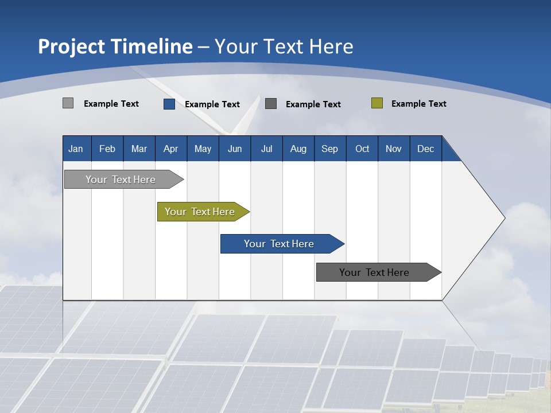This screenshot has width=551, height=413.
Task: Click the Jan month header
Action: click(76, 149)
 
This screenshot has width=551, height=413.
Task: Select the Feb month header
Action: click(107, 149)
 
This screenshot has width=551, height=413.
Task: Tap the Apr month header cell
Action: click(171, 149)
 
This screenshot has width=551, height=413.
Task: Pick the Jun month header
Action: click(235, 149)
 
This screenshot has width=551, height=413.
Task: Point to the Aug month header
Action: click(298, 149)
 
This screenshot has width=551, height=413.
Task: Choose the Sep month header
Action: click(330, 149)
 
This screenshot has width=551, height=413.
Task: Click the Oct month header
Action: click(362, 149)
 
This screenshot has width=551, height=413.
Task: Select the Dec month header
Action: click(426, 149)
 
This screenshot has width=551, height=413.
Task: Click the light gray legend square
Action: click(68, 103)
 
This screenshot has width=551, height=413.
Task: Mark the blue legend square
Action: click(169, 104)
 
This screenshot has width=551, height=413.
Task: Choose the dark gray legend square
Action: click(271, 104)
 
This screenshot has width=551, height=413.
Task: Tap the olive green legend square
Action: click(377, 103)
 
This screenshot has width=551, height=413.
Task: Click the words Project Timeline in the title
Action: click(115, 46)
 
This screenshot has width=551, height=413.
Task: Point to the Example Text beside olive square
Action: click(418, 104)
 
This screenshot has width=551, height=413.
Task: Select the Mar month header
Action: click(139, 149)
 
